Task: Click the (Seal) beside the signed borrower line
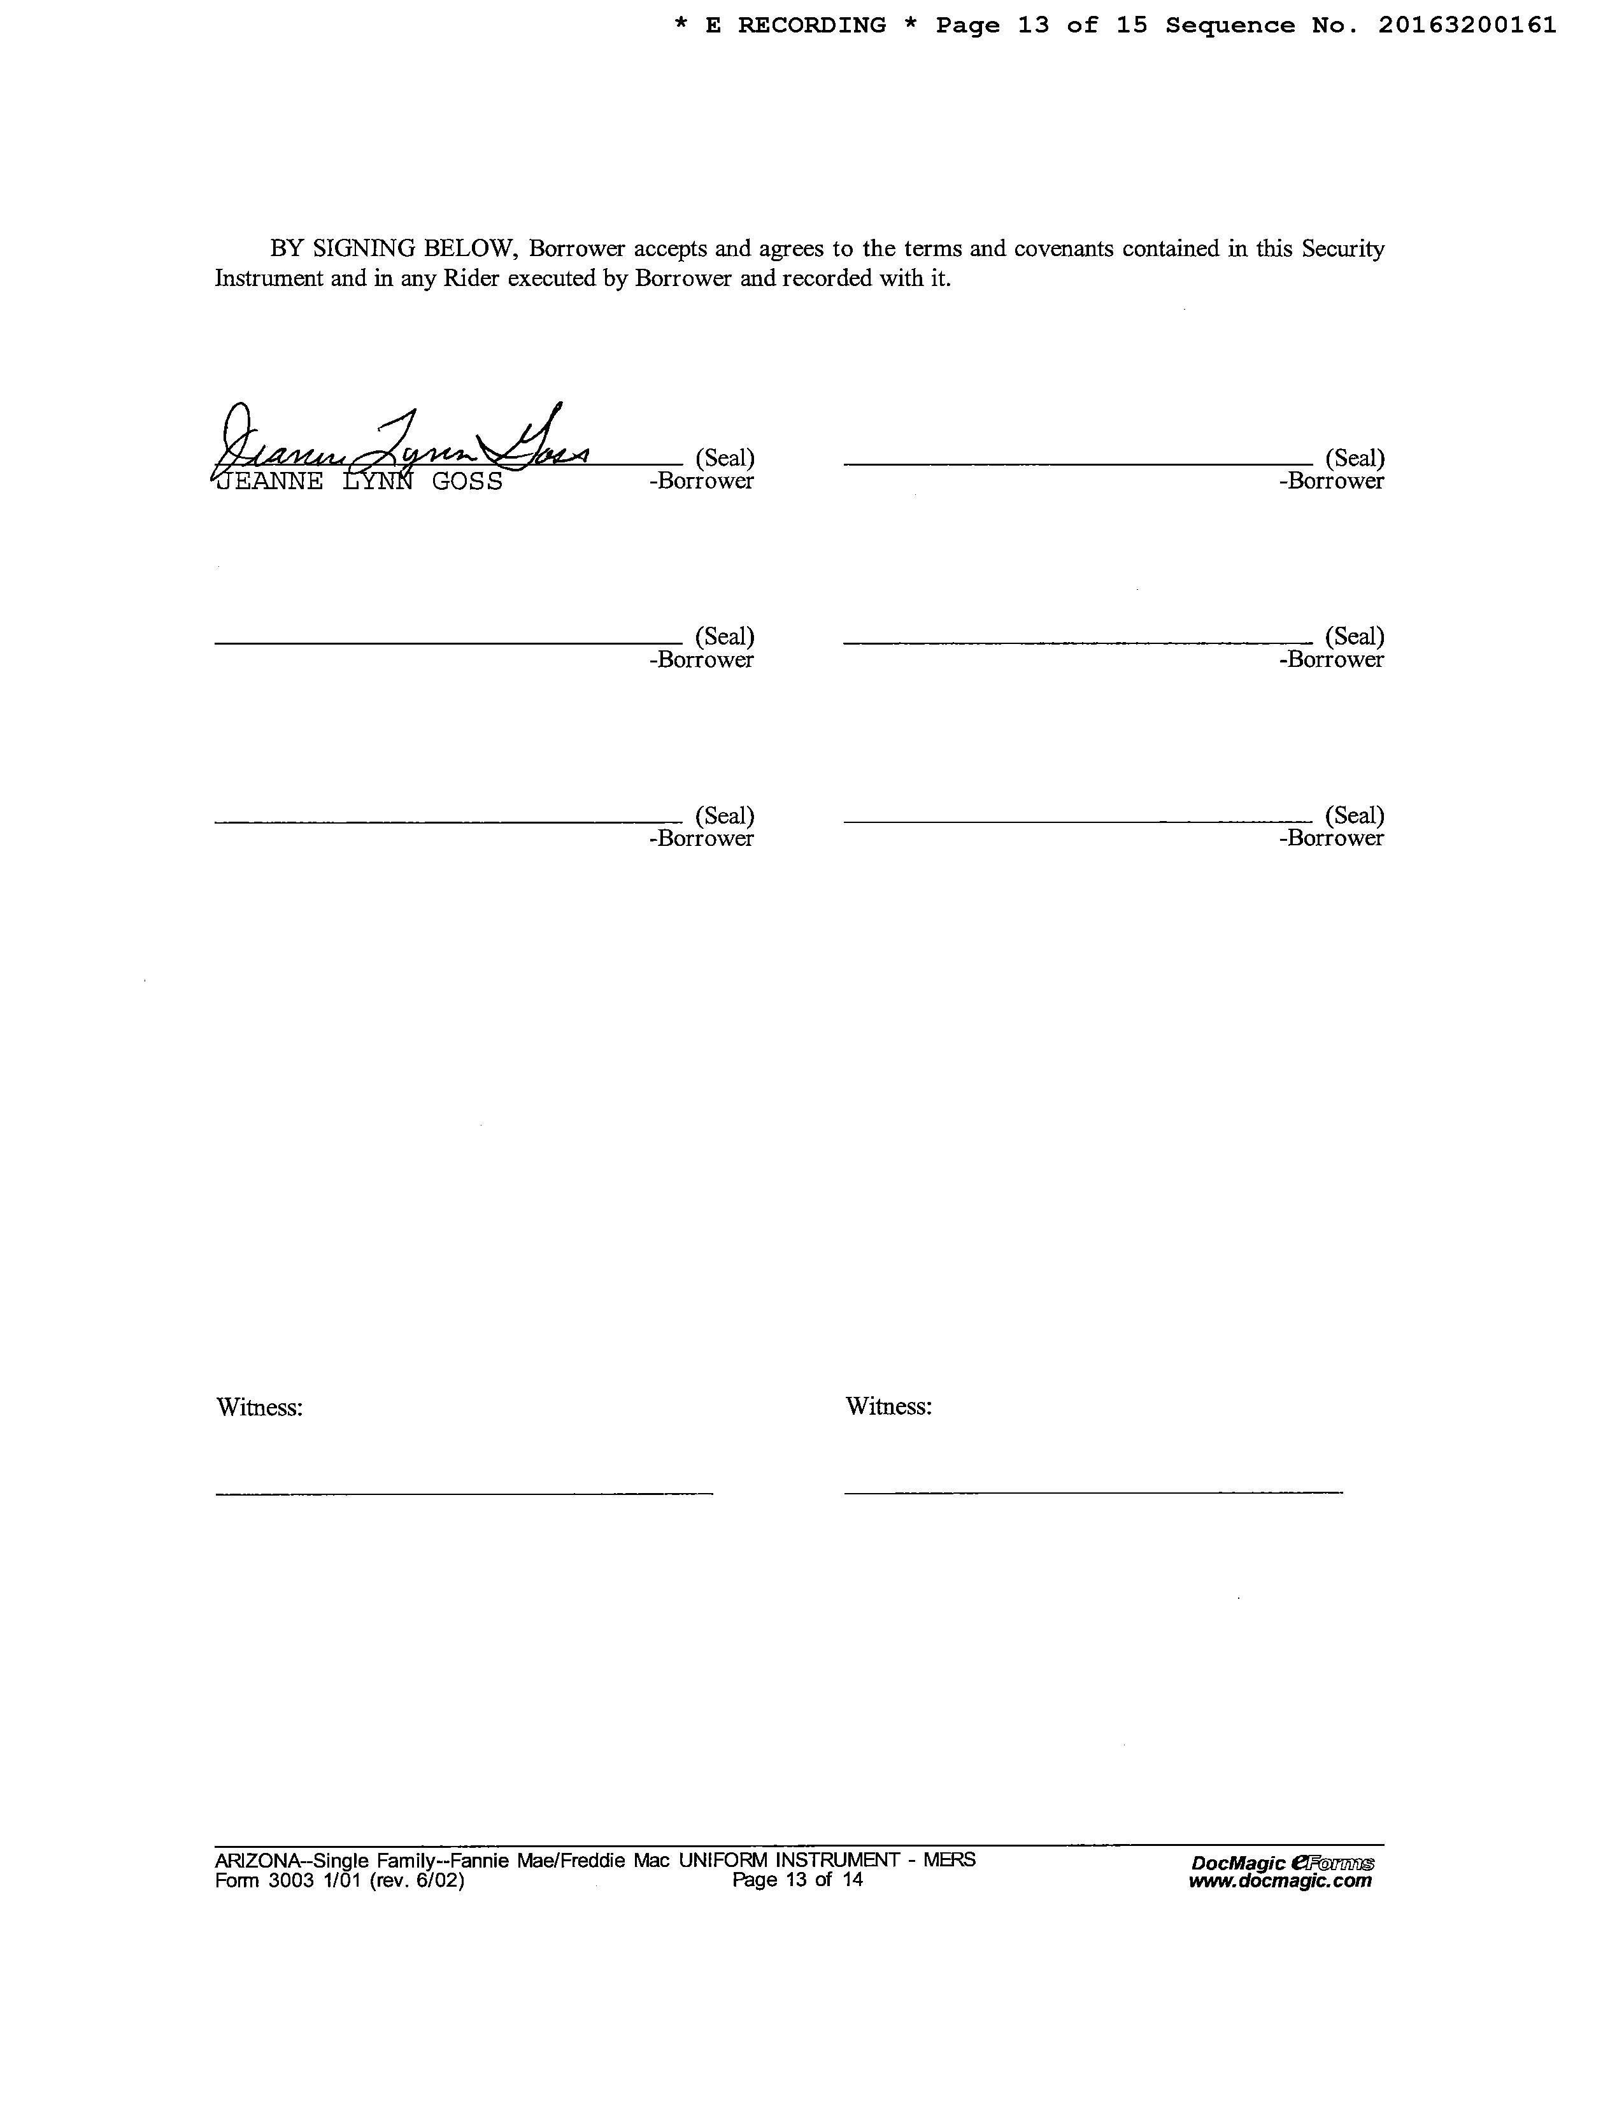click(725, 458)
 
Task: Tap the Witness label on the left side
click(260, 1407)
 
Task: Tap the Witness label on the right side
click(889, 1406)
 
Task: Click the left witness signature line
click(464, 1493)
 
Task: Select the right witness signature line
click(1093, 1492)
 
